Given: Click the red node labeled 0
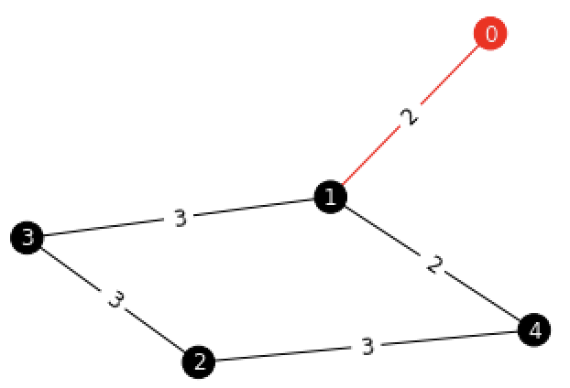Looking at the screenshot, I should click(490, 35).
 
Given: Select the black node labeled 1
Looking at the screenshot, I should click(330, 197).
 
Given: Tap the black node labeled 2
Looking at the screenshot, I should click(199, 361).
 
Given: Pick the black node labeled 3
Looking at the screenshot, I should click(28, 238).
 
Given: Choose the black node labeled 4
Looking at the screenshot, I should click(534, 329).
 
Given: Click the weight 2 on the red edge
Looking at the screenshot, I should click(410, 116).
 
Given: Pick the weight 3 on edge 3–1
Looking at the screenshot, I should click(180, 218).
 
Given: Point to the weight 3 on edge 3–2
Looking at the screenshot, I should click(114, 299).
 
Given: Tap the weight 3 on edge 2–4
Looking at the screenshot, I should click(367, 346).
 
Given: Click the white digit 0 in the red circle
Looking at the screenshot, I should click(490, 35).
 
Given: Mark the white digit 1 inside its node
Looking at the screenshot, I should click(330, 197).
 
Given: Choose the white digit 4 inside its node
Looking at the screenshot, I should click(534, 329).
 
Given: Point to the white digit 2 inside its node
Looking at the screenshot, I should click(199, 361).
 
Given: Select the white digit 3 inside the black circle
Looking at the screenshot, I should click(28, 238).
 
